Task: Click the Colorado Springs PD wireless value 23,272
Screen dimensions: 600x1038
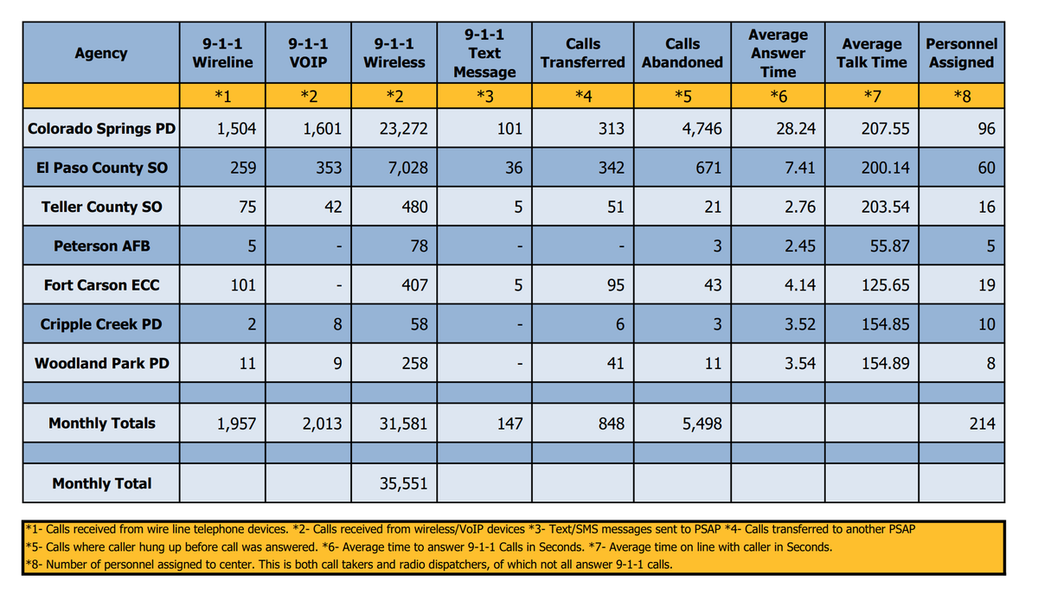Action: coord(403,130)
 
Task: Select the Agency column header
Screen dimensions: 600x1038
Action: coord(101,53)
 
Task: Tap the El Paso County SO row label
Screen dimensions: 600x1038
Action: coord(102,168)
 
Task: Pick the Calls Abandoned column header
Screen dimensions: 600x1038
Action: coord(682,53)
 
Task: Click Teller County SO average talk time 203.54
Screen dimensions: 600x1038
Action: coord(885,207)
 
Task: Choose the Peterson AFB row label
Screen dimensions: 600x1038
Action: coord(102,246)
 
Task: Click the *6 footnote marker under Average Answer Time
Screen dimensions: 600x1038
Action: coord(778,96)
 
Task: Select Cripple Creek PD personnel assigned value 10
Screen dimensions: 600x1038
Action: coord(986,325)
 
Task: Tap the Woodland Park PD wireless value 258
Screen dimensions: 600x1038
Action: coord(414,364)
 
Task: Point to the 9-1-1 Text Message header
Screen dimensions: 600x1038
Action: coord(484,53)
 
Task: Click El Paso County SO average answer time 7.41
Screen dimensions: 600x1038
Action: coord(799,168)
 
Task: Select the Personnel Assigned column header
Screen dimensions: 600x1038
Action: coord(961,53)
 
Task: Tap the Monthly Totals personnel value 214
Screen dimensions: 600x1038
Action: coord(982,424)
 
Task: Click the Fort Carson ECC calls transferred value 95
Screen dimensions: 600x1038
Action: coord(615,285)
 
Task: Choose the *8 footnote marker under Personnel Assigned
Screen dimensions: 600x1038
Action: coord(961,96)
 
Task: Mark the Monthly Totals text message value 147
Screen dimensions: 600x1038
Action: coord(509,424)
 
